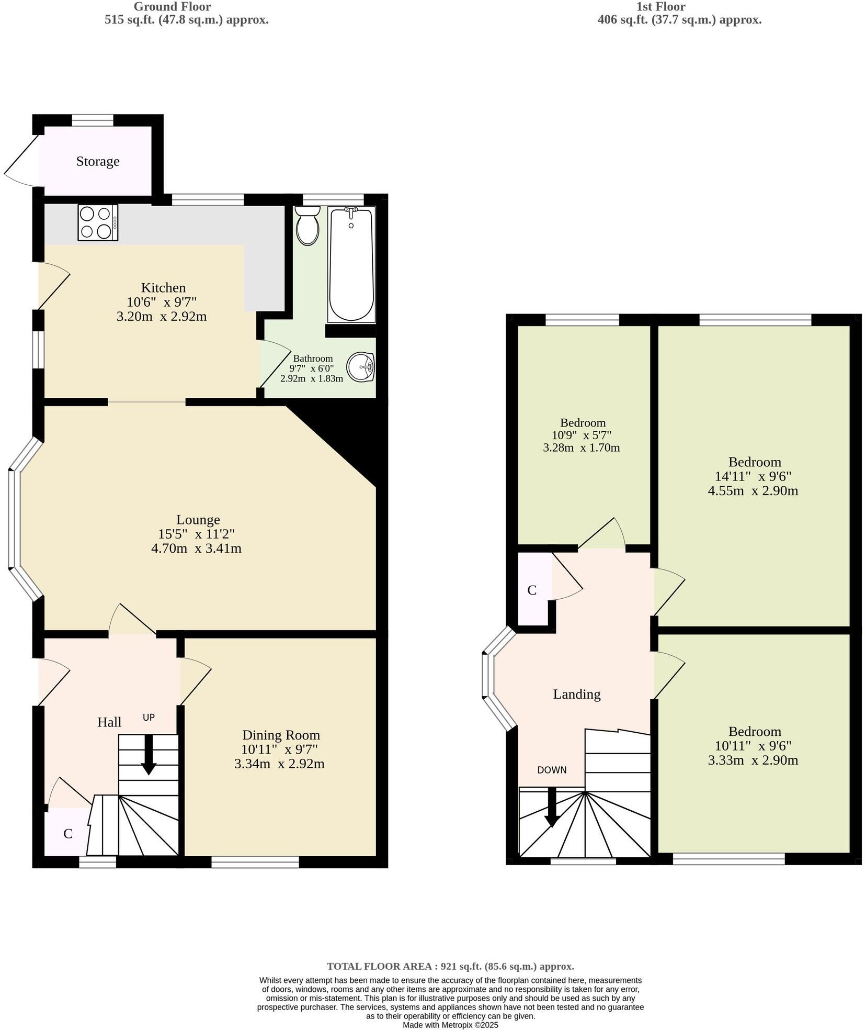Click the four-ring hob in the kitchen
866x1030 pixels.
coord(98,222)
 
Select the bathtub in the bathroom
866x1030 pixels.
coord(351,265)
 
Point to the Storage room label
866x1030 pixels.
coord(98,161)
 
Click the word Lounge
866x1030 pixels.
coord(198,520)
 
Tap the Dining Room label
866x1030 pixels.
coord(281,735)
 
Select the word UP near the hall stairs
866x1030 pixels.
coord(149,717)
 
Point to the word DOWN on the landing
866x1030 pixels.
coord(552,770)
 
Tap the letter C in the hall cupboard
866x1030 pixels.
coord(68,834)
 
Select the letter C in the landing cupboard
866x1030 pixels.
coord(532,590)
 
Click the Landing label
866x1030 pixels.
coord(577,694)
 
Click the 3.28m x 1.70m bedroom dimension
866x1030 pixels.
coord(582,447)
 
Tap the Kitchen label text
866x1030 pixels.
coord(163,287)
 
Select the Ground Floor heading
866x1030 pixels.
coord(172,7)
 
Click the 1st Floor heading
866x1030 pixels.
coord(660,7)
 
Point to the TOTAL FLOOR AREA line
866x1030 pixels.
coord(450,966)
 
